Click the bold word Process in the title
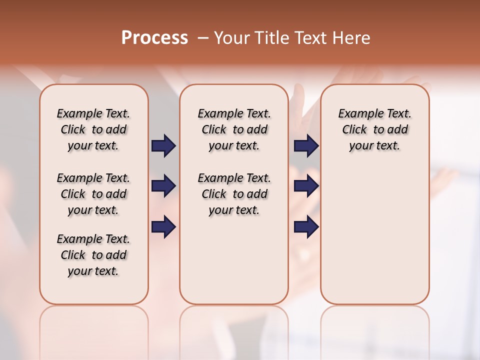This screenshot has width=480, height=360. (x=154, y=38)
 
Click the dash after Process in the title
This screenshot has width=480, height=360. (x=202, y=38)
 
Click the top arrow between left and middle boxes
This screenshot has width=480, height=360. (x=163, y=145)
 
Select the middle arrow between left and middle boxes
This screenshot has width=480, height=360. (x=163, y=186)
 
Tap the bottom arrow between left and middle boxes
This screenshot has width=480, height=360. (x=163, y=226)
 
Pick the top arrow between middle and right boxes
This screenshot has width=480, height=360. (x=306, y=145)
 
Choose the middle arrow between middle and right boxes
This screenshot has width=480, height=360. (x=306, y=186)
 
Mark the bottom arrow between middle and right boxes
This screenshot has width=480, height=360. (x=306, y=226)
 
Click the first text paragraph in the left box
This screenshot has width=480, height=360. (x=93, y=129)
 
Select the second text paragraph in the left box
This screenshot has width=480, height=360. (x=93, y=194)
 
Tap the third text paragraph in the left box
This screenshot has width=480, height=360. (x=93, y=255)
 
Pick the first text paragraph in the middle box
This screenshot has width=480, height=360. (x=234, y=129)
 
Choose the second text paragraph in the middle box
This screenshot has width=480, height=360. (x=234, y=194)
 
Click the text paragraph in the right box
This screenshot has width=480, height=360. (x=374, y=129)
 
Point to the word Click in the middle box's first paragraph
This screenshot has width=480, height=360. (x=214, y=130)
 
